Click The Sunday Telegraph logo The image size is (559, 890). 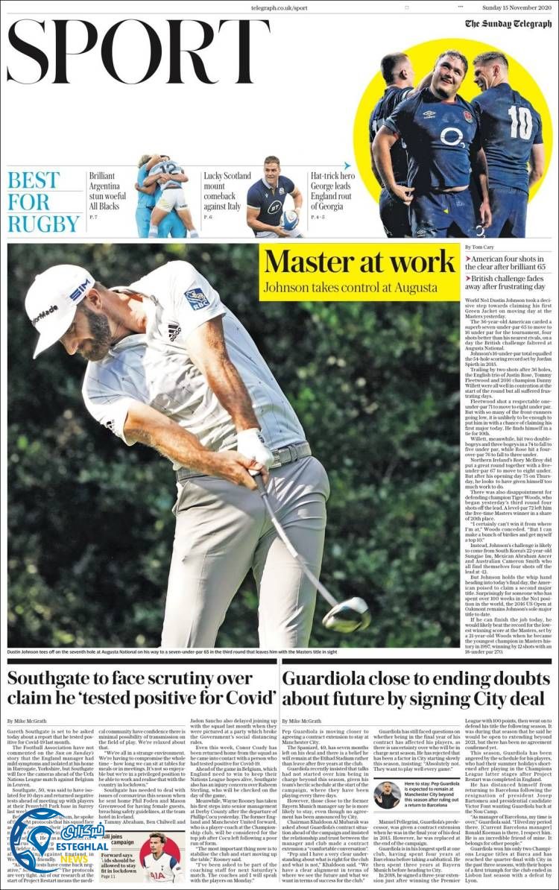tap(508, 23)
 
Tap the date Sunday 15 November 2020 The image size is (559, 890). tap(517, 7)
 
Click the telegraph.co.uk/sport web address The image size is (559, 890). tap(279, 7)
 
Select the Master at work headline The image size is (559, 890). tap(359, 262)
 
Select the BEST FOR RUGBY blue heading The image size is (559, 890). tap(43, 201)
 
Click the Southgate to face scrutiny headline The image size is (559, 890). tap(141, 688)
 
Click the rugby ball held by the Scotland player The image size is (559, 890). tap(290, 218)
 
